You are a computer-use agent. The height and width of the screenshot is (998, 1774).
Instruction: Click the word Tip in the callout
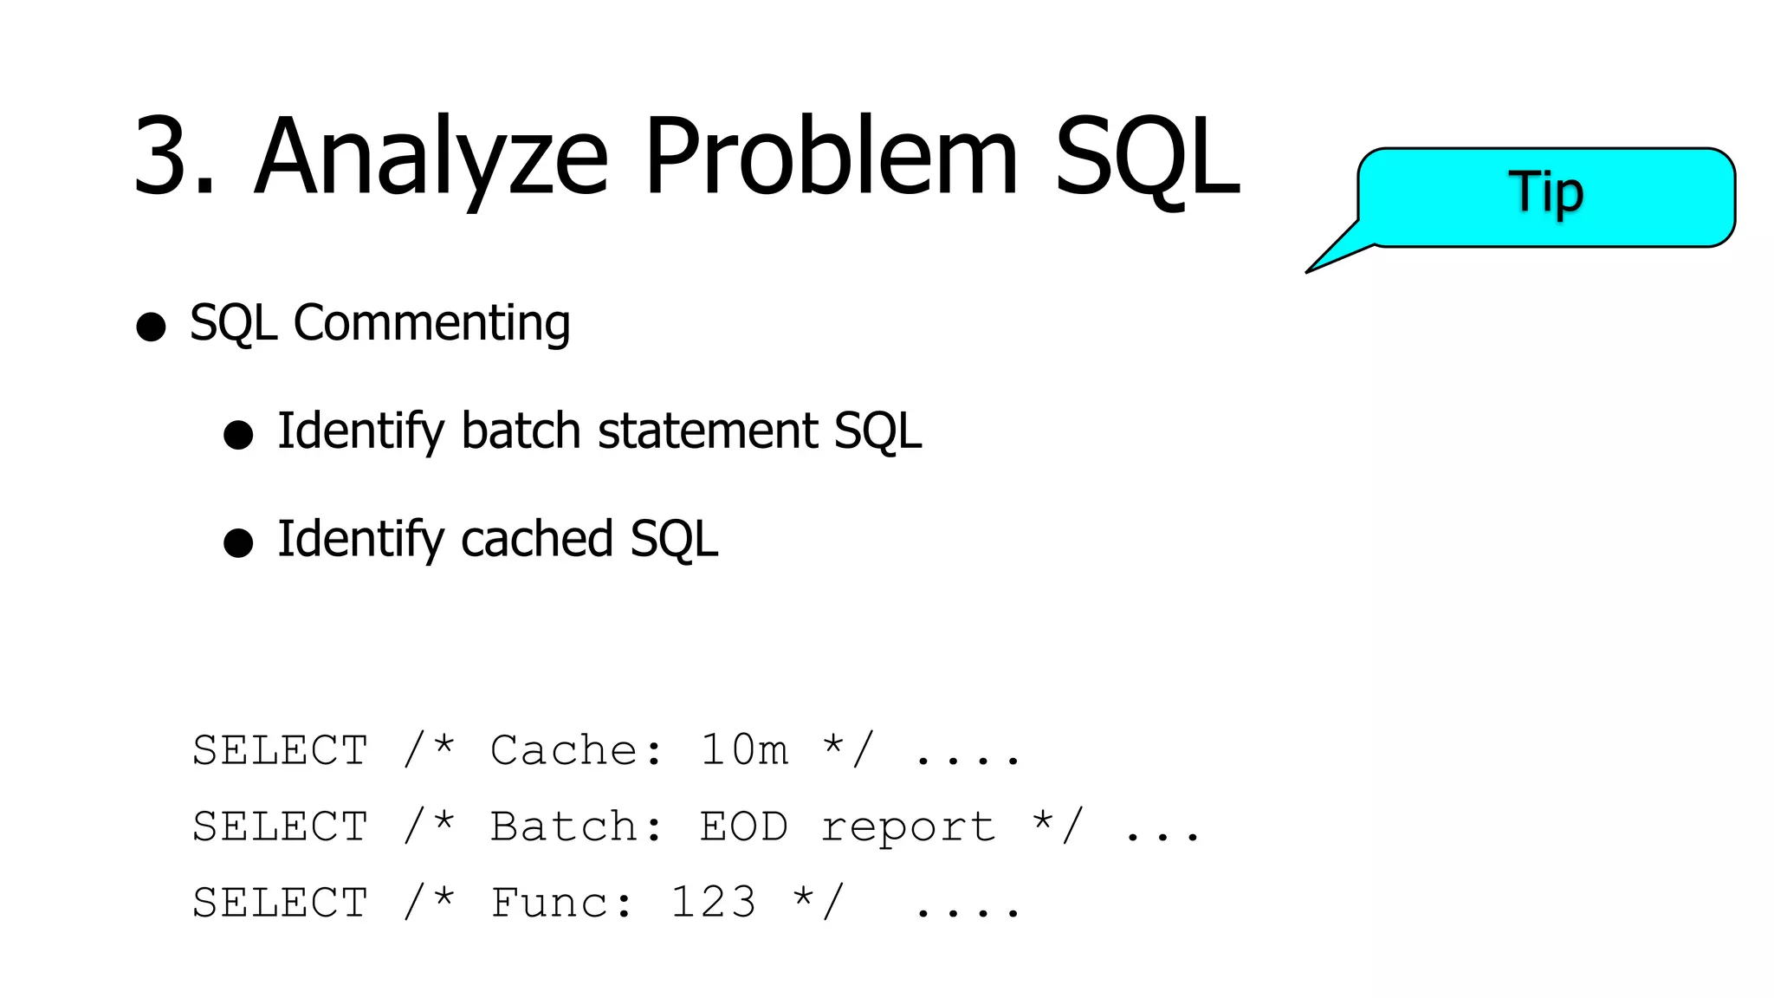coord(1546,192)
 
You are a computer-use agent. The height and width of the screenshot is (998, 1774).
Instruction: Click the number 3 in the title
coord(165,157)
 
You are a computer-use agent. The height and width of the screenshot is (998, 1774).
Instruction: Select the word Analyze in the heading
coord(431,157)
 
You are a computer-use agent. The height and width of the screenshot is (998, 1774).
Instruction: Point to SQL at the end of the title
coord(1147,157)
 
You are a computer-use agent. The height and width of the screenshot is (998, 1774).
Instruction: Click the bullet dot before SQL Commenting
coord(151,327)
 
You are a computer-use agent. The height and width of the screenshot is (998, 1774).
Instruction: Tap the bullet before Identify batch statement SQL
coord(238,434)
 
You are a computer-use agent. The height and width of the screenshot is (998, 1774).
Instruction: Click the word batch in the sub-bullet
coord(521,431)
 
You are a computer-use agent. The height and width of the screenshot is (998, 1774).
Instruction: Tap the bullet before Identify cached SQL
coord(238,542)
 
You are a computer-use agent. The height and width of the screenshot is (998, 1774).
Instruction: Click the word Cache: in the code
coord(577,750)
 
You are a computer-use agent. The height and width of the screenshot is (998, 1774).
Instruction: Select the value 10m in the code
coord(744,750)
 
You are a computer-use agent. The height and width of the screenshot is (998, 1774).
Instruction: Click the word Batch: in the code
coord(577,826)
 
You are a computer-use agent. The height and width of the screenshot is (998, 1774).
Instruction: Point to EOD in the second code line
coord(744,826)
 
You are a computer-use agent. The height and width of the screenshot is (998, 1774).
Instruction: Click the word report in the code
coord(909,826)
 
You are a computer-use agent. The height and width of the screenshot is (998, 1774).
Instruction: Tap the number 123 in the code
coord(713,903)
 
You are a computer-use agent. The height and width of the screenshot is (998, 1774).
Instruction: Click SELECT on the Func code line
coord(281,903)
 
